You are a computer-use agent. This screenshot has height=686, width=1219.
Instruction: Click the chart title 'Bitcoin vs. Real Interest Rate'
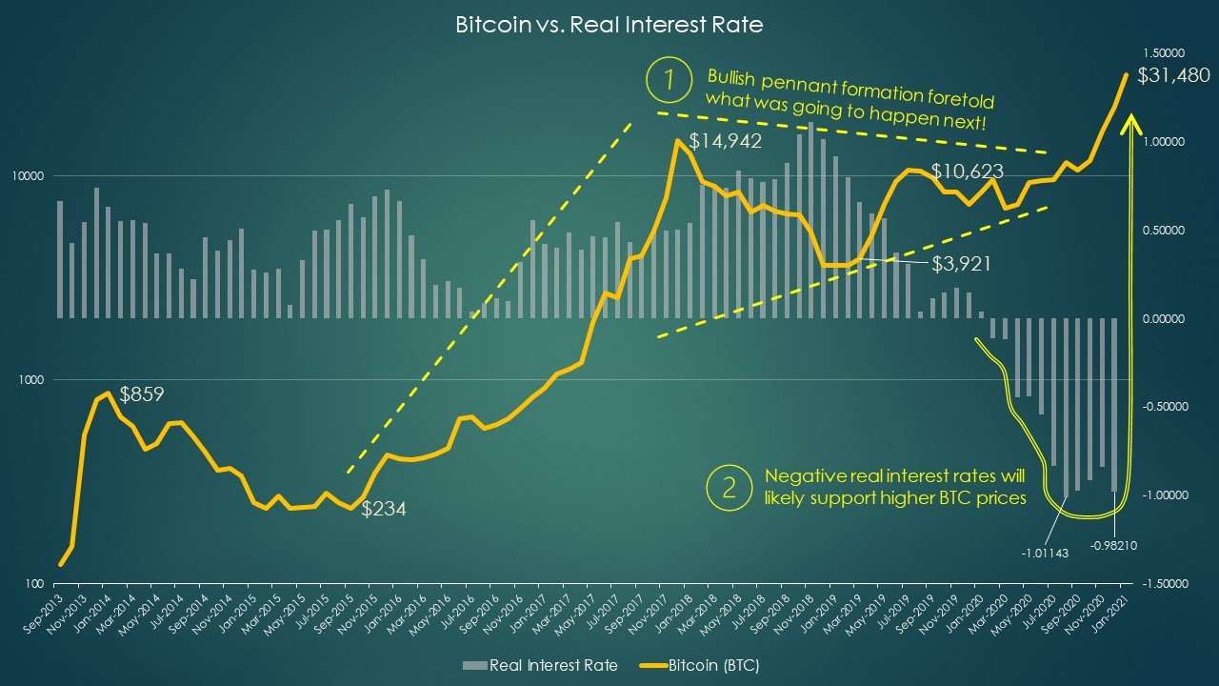coord(609,26)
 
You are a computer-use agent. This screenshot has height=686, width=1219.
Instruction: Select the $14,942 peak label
coord(725,142)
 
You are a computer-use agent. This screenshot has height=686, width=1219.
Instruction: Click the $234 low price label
coord(384,509)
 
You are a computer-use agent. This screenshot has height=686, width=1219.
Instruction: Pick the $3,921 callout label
coord(961,264)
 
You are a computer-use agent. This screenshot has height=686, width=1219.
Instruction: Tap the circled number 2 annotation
coord(729,488)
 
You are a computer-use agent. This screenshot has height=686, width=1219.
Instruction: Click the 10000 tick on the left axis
coord(31,176)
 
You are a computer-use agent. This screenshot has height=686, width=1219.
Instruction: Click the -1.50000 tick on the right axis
coord(1161,583)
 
